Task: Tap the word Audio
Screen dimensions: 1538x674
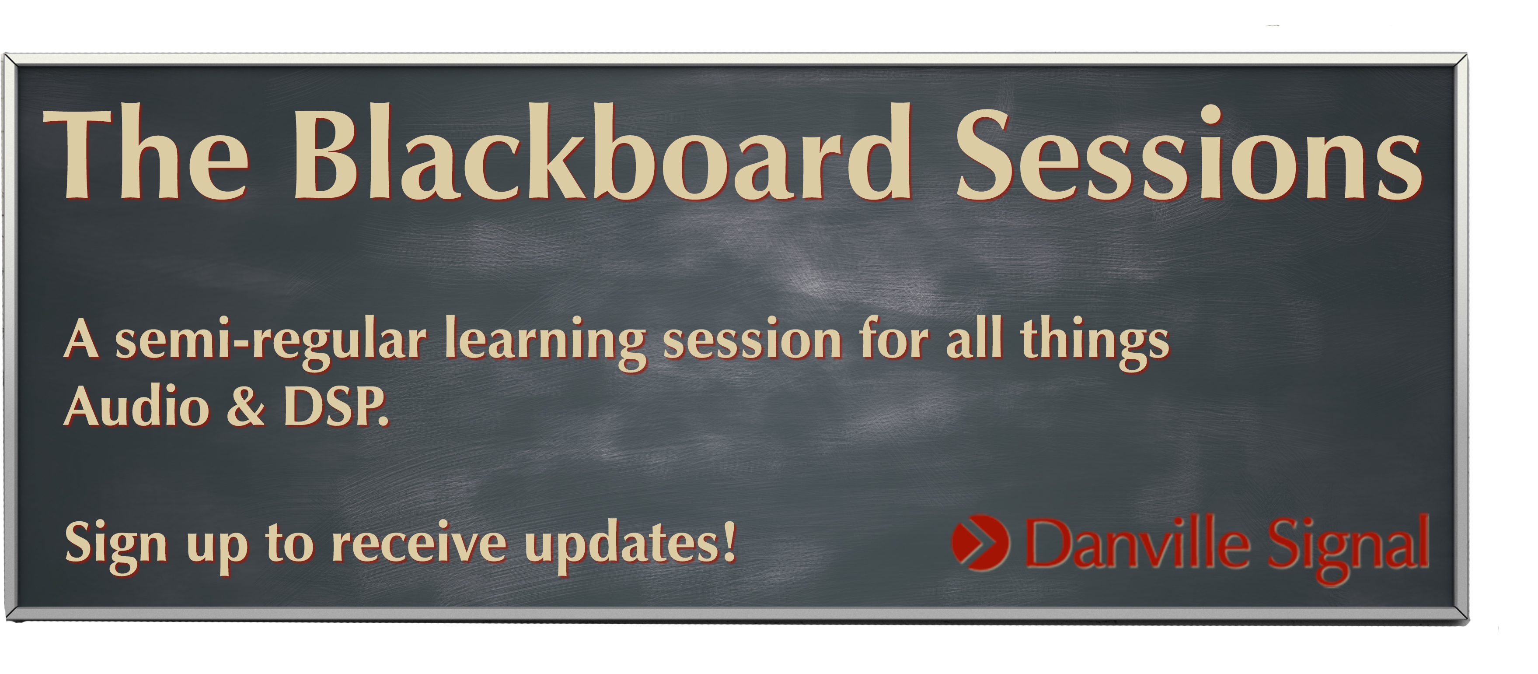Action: (137, 406)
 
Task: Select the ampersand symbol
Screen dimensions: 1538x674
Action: (245, 406)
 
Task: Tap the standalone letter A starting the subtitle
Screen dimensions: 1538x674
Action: (81, 339)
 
